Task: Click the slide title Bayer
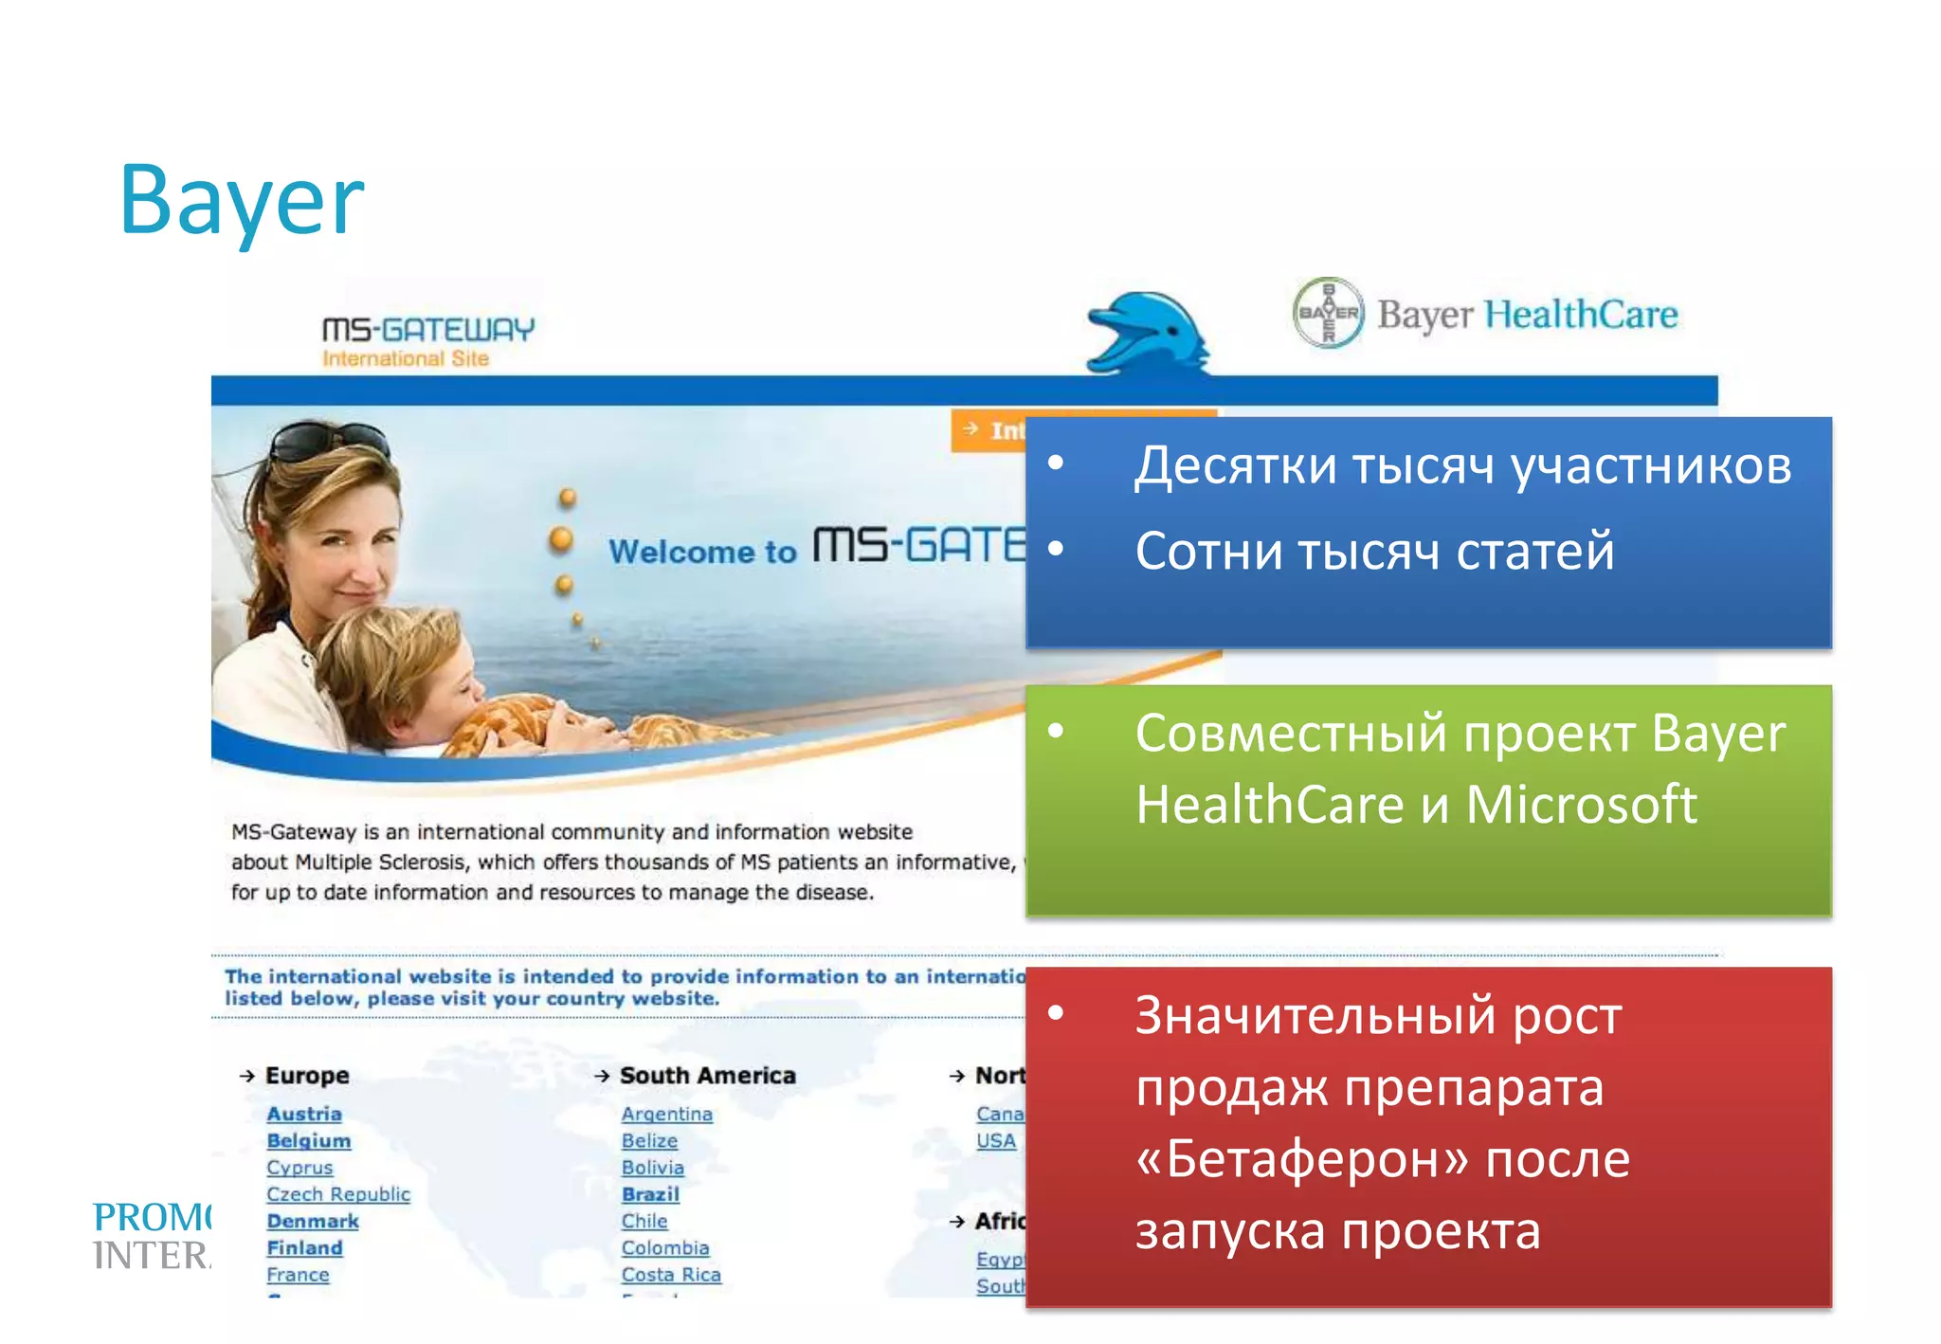(241, 201)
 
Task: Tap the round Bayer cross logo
(1329, 313)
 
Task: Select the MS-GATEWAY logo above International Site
(428, 329)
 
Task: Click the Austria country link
(304, 1115)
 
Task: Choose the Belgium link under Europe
(309, 1141)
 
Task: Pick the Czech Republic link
(338, 1194)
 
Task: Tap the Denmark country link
(313, 1222)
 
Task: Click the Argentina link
(667, 1115)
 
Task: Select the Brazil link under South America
(651, 1194)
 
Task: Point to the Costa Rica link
(671, 1275)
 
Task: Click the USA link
(996, 1141)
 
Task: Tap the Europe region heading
(307, 1076)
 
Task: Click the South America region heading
(708, 1076)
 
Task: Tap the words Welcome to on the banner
(702, 552)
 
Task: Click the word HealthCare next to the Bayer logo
(1581, 315)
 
